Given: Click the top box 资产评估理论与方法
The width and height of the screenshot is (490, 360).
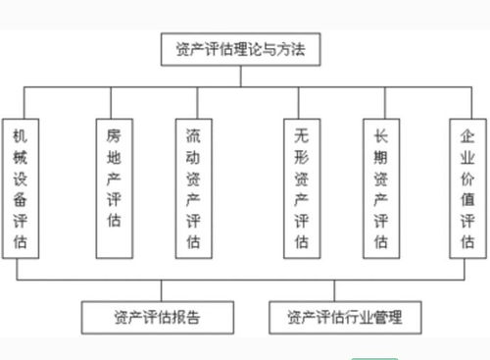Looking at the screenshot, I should [242, 48].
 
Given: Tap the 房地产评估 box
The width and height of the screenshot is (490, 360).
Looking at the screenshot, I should [114, 188].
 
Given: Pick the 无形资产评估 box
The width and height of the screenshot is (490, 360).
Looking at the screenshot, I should [301, 188].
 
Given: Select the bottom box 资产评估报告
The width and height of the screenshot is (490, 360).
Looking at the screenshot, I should [159, 318].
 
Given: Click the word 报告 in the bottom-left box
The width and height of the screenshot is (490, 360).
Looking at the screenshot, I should [191, 318].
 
